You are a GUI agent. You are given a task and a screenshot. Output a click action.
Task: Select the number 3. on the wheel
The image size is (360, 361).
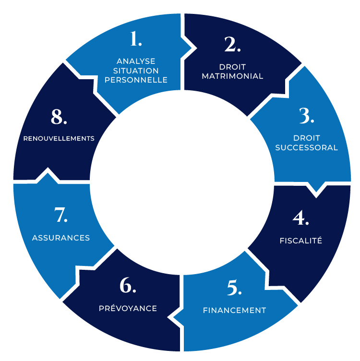click(306, 116)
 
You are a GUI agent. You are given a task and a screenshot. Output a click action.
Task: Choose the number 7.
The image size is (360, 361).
click(61, 215)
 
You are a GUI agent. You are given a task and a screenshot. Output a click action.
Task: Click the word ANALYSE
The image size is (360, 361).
click(136, 61)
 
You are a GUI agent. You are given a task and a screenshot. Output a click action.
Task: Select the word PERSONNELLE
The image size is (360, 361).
click(136, 80)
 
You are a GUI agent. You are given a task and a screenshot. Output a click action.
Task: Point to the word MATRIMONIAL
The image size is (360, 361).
click(232, 76)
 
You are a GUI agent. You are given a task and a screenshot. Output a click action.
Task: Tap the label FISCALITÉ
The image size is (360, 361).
click(300, 241)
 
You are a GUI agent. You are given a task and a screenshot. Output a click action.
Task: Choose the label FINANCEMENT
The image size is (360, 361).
click(234, 310)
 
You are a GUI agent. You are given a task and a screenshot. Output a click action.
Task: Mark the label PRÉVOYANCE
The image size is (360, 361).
click(128, 308)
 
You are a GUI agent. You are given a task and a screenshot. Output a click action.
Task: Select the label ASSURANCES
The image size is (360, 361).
click(61, 238)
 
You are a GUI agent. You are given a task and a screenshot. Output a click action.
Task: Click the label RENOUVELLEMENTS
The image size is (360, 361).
click(59, 138)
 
